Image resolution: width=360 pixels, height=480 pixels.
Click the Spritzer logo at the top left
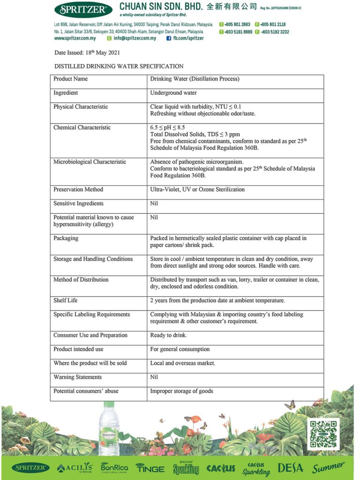click(83, 9)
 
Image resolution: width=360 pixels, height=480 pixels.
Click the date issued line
click(84, 53)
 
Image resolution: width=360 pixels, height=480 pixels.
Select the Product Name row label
click(71, 79)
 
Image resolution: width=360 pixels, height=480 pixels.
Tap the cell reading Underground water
click(173, 93)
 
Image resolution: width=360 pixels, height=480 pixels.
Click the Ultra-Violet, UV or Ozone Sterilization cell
click(197, 190)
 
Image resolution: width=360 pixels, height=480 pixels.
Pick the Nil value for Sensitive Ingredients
click(154, 204)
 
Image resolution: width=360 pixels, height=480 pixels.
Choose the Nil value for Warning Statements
click(154, 377)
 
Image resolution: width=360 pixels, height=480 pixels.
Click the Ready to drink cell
click(169, 336)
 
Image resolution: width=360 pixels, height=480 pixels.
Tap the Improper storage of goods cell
click(181, 391)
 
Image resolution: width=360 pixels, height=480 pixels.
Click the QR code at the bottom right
click(323, 434)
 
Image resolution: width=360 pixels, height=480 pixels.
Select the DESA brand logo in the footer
click(291, 467)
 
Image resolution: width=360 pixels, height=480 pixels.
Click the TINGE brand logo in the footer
click(150, 468)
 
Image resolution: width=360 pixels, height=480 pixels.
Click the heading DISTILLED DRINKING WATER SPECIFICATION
click(119, 67)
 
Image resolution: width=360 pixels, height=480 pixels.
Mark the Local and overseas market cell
click(183, 363)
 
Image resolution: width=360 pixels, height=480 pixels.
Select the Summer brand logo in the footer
click(328, 467)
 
